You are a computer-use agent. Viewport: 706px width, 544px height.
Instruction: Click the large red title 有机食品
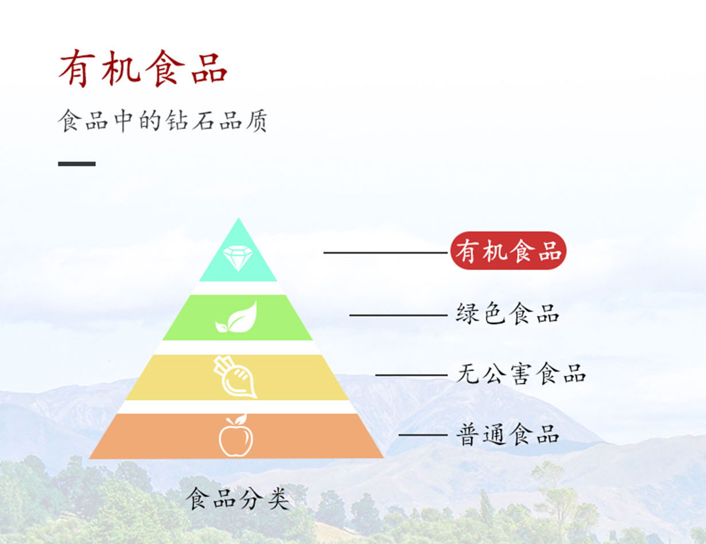pyautogui.click(x=142, y=68)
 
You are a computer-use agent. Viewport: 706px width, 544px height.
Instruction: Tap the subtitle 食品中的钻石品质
pyautogui.click(x=162, y=121)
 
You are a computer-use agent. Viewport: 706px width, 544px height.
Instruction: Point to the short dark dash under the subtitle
pyautogui.click(x=77, y=164)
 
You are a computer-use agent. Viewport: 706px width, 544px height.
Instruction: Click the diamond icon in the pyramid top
pyautogui.click(x=238, y=258)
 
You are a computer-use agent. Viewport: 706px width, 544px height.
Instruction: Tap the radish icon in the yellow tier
pyautogui.click(x=235, y=377)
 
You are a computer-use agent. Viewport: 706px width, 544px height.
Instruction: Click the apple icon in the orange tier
pyautogui.click(x=235, y=435)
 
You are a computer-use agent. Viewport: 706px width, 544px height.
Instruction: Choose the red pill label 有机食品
pyautogui.click(x=508, y=250)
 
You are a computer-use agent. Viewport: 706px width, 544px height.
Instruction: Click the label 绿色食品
pyautogui.click(x=507, y=313)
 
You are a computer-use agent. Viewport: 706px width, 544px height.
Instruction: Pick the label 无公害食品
pyautogui.click(x=521, y=374)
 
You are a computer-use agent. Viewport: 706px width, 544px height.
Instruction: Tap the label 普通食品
pyautogui.click(x=507, y=434)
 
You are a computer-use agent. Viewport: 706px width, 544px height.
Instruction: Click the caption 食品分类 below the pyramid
pyautogui.click(x=237, y=499)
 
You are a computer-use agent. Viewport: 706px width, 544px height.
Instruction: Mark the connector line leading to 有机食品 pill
pyautogui.click(x=386, y=252)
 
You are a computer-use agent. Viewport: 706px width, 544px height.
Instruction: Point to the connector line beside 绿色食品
pyautogui.click(x=399, y=315)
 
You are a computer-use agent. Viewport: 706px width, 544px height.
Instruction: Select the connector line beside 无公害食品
pyautogui.click(x=412, y=375)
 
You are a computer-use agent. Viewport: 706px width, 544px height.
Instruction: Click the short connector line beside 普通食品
pyautogui.click(x=423, y=434)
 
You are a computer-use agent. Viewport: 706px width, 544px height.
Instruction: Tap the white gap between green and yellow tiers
pyautogui.click(x=237, y=348)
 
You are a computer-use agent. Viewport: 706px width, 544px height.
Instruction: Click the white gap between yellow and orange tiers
pyautogui.click(x=237, y=407)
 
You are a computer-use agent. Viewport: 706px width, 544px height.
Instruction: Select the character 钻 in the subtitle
pyautogui.click(x=176, y=121)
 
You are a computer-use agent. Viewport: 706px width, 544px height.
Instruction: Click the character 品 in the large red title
pyautogui.click(x=210, y=69)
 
